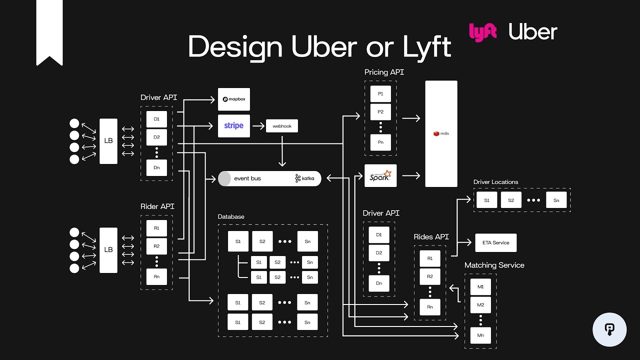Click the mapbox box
[233, 99]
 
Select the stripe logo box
[233, 126]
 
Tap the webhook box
[282, 126]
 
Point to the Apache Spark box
[380, 175]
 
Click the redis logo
[441, 133]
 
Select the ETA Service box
[495, 243]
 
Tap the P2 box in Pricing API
[380, 112]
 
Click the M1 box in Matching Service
[480, 287]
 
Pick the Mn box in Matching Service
[480, 335]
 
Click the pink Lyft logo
[482, 32]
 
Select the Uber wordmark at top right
[532, 32]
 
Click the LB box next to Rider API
[108, 250]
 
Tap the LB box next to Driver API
[108, 141]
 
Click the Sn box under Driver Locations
[556, 200]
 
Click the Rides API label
[431, 236]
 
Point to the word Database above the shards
[231, 216]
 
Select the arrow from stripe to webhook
[258, 126]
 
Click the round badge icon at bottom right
[609, 329]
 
